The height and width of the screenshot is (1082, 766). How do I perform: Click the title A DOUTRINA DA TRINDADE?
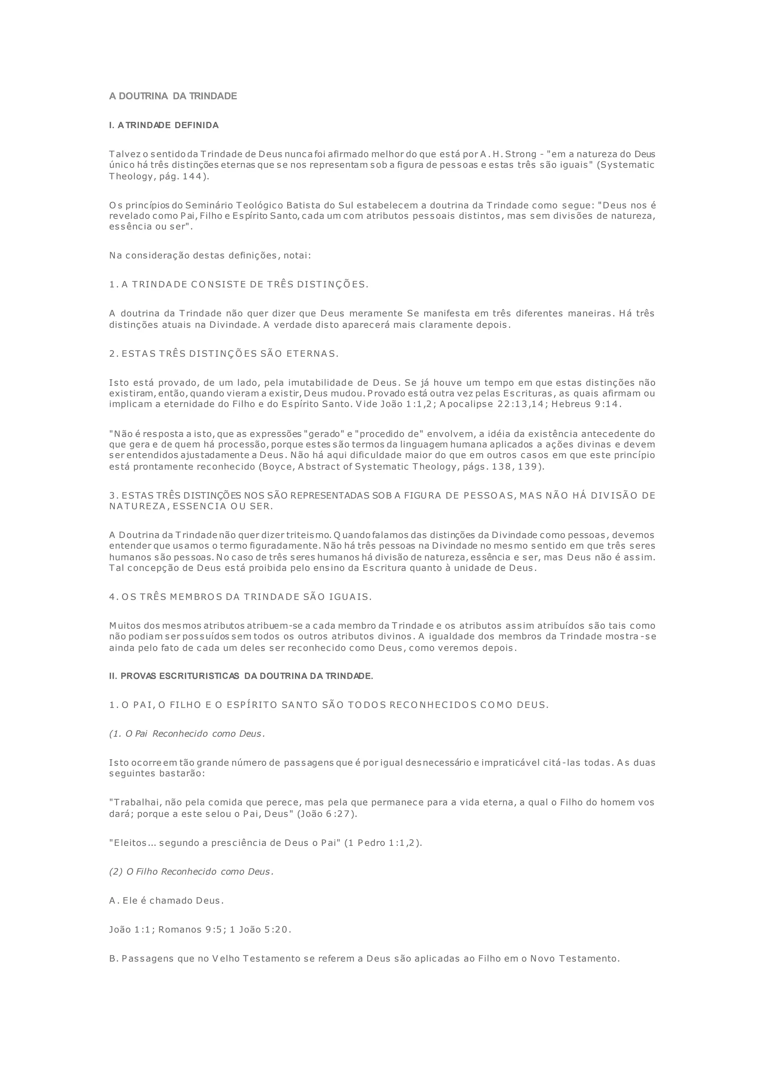(173, 96)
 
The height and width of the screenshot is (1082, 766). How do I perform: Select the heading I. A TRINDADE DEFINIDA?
(164, 126)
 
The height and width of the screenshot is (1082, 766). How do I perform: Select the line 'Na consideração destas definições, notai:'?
(210, 256)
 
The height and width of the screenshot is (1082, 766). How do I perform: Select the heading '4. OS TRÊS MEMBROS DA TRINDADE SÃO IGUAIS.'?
(240, 597)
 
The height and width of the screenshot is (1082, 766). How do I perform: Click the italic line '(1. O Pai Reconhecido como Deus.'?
(187, 734)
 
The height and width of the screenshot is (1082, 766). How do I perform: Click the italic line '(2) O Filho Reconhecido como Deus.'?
(191, 871)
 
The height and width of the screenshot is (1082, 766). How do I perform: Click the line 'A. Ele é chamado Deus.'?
(166, 900)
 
